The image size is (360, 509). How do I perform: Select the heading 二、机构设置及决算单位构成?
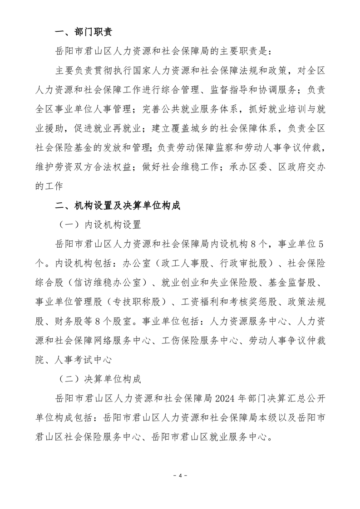(117, 206)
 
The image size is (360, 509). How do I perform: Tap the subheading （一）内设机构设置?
(100, 225)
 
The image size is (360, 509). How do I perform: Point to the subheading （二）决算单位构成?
(100, 379)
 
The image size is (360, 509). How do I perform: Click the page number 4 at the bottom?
(180, 475)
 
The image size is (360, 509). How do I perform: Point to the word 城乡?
(217, 128)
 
